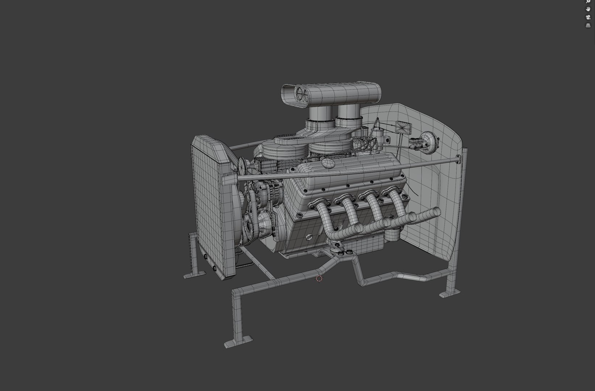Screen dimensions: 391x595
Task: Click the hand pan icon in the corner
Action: tap(588, 9)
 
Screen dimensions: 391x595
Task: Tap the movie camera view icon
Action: tap(588, 17)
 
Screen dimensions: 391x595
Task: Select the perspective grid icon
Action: tap(588, 26)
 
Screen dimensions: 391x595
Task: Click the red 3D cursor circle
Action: tap(319, 278)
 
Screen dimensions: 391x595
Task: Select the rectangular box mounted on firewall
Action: tap(403, 127)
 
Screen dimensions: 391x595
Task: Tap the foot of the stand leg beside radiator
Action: tap(194, 274)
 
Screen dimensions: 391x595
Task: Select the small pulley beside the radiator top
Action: tap(240, 167)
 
